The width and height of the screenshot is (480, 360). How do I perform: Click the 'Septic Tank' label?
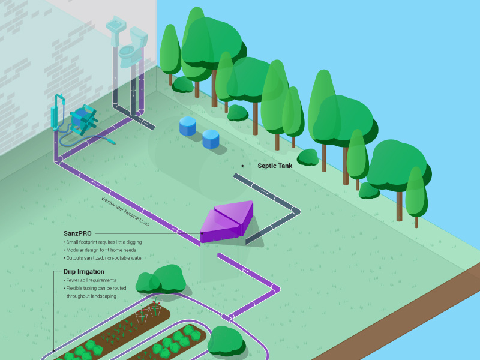pyautogui.click(x=275, y=166)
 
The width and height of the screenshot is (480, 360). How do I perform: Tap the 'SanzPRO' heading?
pyautogui.click(x=77, y=233)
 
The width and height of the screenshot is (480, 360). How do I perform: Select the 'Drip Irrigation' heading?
pyautogui.click(x=83, y=272)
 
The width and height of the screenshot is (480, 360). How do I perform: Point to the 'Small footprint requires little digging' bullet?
pyautogui.click(x=103, y=242)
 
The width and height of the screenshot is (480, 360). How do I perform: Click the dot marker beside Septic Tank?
pyautogui.click(x=242, y=166)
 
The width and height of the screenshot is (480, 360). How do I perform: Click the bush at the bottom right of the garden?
pyautogui.click(x=226, y=341)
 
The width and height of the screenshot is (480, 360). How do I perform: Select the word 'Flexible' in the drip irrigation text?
pyautogui.click(x=77, y=289)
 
